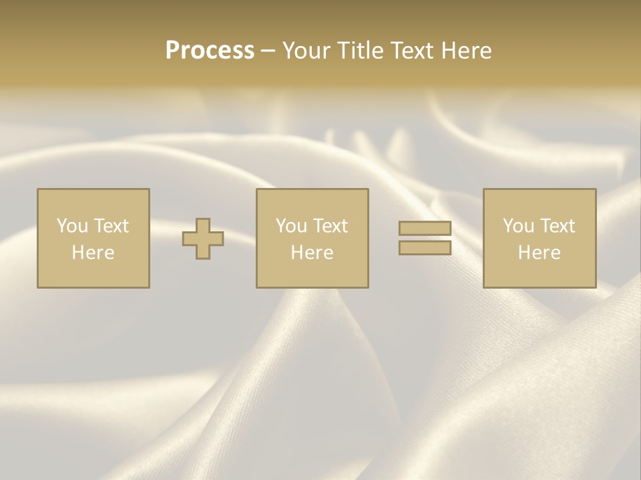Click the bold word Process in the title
tap(210, 51)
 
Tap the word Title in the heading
tap(360, 51)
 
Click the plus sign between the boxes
tap(203, 239)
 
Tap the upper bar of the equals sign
tap(425, 228)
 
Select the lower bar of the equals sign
tap(425, 247)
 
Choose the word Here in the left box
tap(93, 253)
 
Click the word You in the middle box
tap(291, 226)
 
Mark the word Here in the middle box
tap(312, 253)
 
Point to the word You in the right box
tap(518, 226)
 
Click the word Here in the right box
tap(539, 253)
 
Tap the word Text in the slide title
tap(409, 51)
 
